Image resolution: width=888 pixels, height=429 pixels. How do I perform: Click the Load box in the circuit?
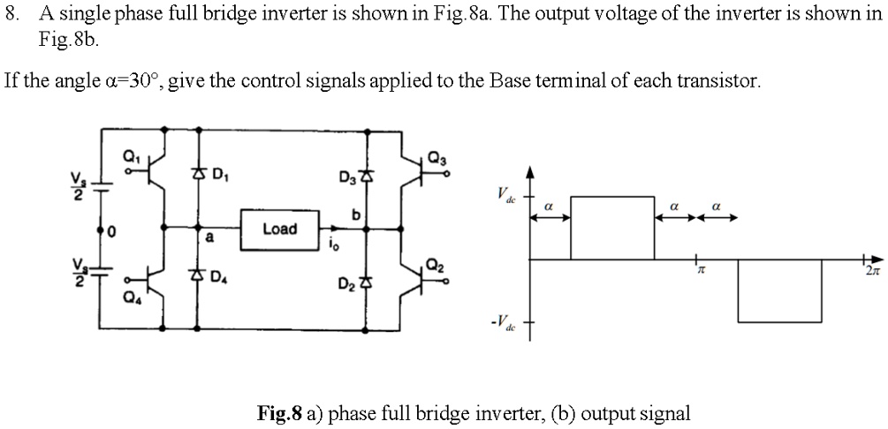click(x=279, y=229)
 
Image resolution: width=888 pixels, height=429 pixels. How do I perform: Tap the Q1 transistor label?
click(x=131, y=156)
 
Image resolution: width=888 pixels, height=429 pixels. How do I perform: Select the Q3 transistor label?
click(x=436, y=157)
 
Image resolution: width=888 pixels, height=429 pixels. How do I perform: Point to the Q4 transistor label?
click(x=131, y=297)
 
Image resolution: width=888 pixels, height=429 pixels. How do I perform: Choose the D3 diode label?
click(x=347, y=181)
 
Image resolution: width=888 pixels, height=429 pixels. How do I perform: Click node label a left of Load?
click(x=209, y=237)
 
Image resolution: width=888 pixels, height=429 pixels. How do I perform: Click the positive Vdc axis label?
click(x=504, y=194)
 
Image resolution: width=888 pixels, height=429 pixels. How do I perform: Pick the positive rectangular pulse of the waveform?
click(x=611, y=228)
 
